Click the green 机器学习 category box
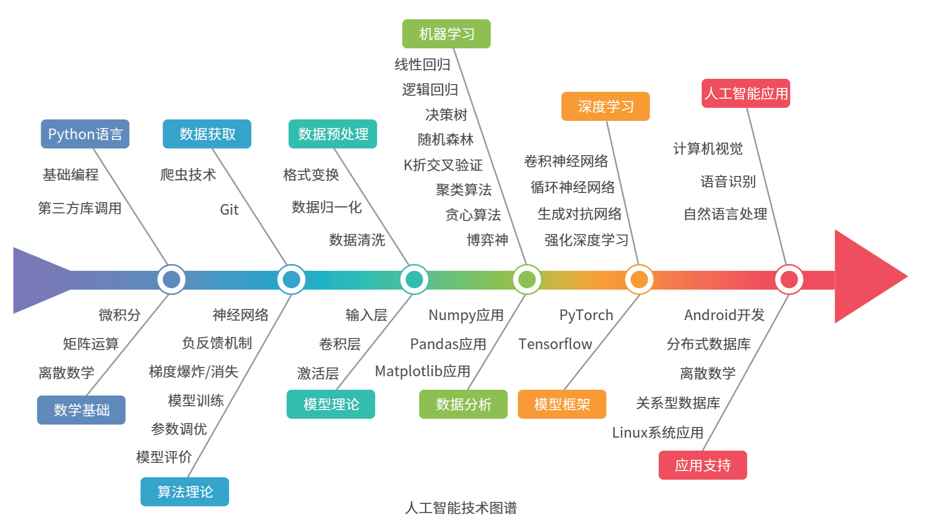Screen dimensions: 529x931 tap(446, 34)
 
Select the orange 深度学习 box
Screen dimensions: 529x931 tap(605, 106)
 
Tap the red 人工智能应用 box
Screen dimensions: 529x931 tap(745, 93)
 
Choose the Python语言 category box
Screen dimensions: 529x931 tap(85, 134)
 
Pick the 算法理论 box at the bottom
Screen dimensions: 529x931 tap(185, 492)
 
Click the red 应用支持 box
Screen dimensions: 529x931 tap(702, 465)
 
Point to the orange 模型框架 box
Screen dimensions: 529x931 tap(562, 404)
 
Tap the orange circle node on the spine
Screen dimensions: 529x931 tap(639, 279)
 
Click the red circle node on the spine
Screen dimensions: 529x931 tap(789, 279)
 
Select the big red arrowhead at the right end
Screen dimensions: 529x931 tap(866, 277)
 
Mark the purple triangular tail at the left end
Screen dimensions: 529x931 tap(36, 280)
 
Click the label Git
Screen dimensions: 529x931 tap(229, 210)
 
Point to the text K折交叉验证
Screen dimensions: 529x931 tap(443, 165)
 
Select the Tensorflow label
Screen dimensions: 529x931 tap(555, 344)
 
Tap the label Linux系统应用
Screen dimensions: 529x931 tap(657, 432)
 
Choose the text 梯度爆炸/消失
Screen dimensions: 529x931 tap(193, 372)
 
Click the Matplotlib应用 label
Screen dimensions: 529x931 tap(423, 371)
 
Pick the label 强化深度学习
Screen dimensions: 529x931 tap(586, 240)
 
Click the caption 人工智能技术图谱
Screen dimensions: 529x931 tap(461, 508)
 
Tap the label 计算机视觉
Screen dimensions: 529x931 tap(708, 149)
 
